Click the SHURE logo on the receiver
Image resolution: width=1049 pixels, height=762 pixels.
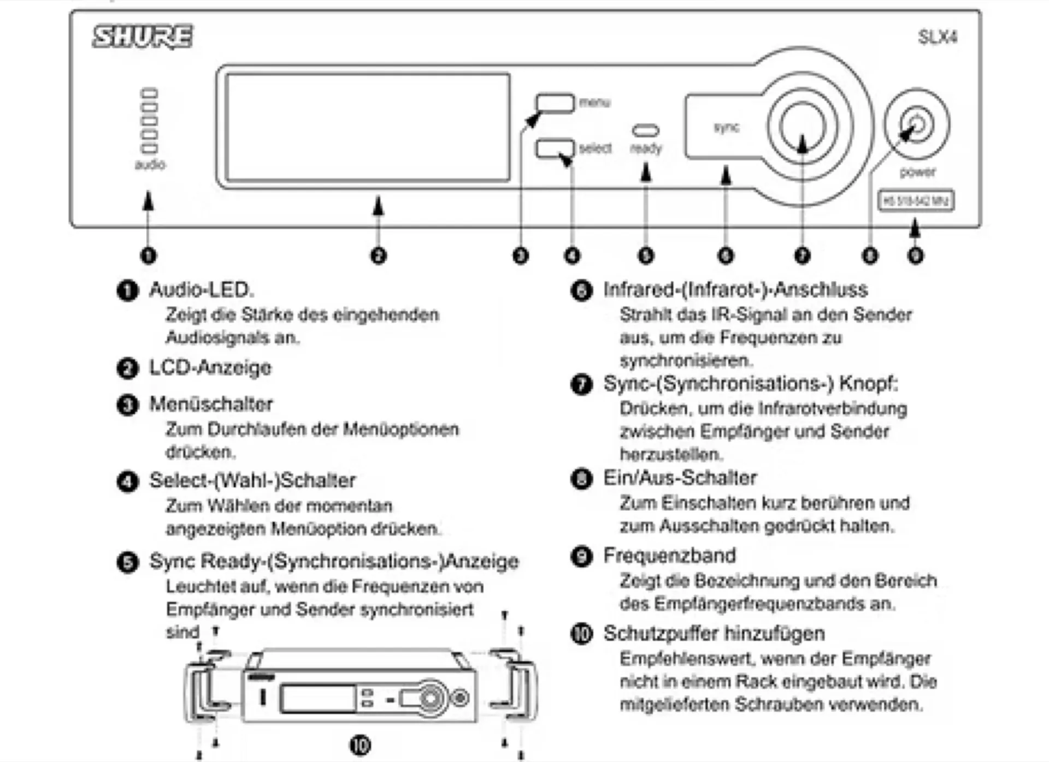tap(142, 37)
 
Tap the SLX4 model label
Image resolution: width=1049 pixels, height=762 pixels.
tap(937, 37)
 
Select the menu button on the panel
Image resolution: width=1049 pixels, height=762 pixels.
tap(555, 102)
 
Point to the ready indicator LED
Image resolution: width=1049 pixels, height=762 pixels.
tap(645, 130)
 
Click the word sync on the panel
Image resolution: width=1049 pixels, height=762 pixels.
tap(726, 127)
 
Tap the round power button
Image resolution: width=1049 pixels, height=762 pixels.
tap(917, 125)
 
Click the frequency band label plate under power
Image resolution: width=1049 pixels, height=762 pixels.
tap(916, 201)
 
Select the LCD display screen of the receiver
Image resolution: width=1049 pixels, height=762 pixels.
tap(368, 127)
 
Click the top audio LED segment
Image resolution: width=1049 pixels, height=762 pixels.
tap(149, 93)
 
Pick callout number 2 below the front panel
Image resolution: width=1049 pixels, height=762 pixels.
tap(378, 255)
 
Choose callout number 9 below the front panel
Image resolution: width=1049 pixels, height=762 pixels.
tap(916, 255)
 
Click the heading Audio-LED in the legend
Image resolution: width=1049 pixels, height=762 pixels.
tap(202, 290)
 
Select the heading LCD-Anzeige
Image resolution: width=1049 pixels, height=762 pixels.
tap(210, 368)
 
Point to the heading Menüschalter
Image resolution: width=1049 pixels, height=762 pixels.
tap(211, 404)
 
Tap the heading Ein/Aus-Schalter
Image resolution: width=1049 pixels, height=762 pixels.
tap(680, 478)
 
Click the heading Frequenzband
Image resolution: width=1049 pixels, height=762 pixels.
tap(669, 556)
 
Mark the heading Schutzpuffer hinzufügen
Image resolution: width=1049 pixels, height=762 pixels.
tap(714, 634)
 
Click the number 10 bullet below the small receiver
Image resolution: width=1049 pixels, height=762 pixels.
tap(360, 745)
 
